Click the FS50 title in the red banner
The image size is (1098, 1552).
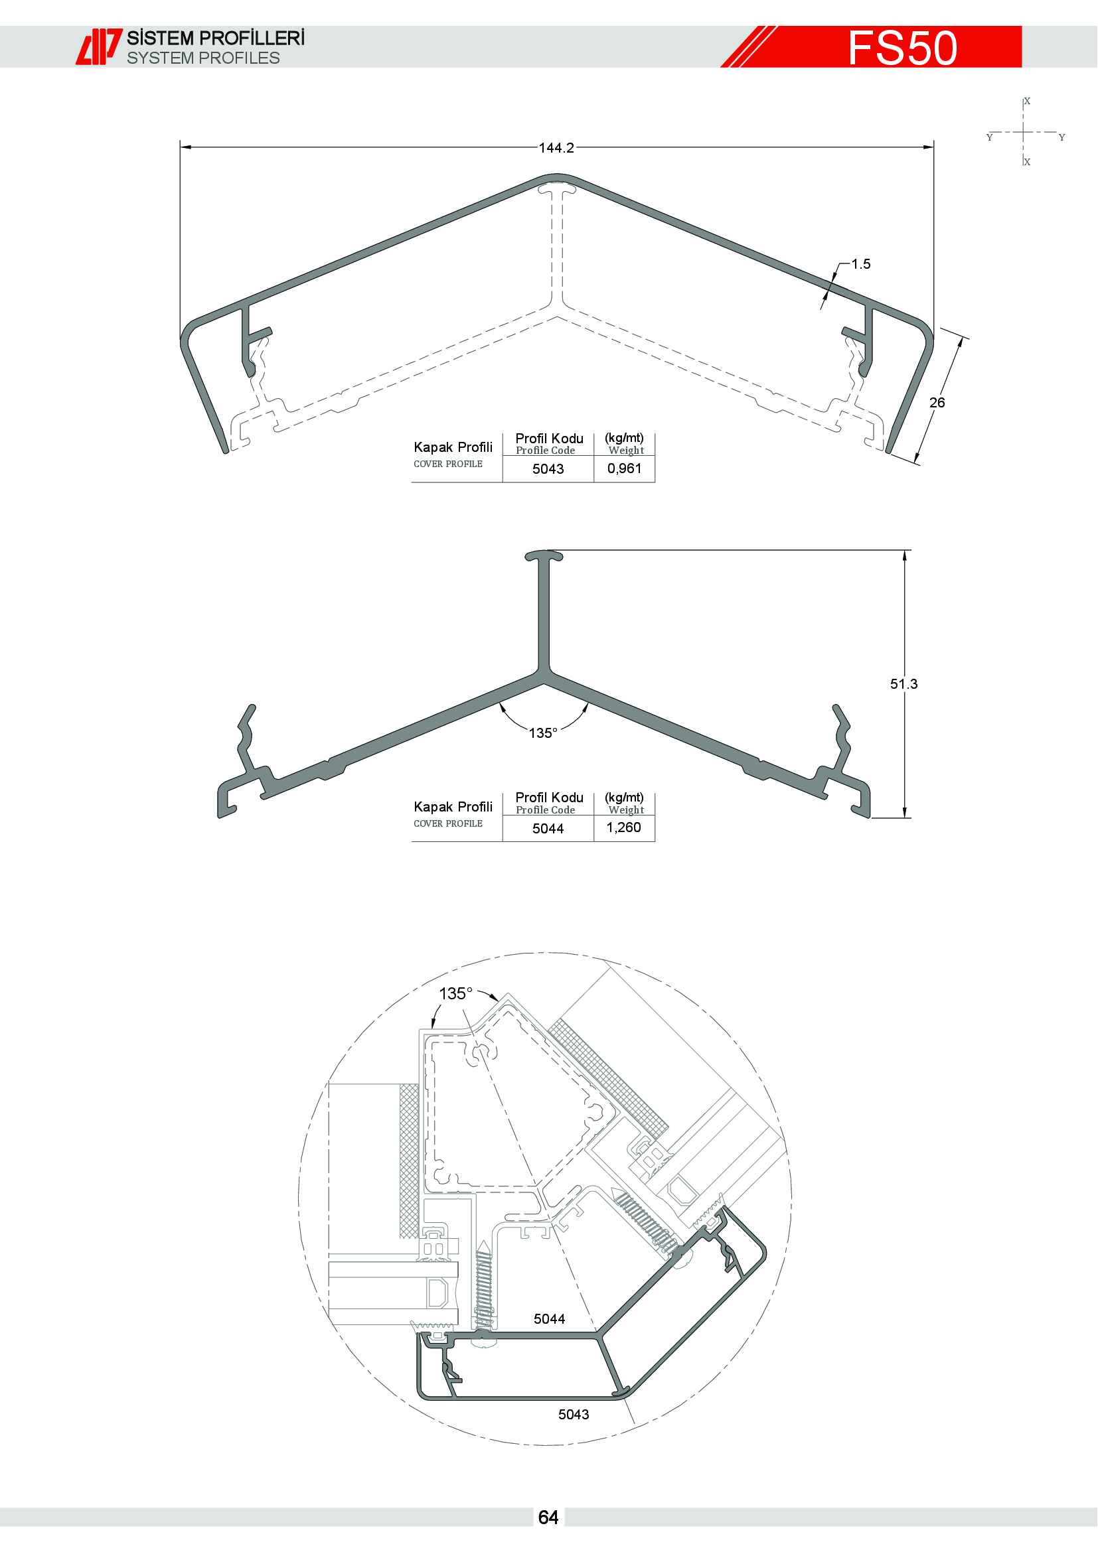(x=903, y=47)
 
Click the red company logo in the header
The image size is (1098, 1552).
(x=99, y=46)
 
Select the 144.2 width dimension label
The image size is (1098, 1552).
(x=556, y=147)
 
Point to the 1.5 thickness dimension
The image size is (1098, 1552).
(x=861, y=263)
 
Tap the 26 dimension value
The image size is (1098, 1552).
(x=937, y=402)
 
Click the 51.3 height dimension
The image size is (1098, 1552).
(x=903, y=683)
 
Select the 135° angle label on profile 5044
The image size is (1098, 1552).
(x=543, y=733)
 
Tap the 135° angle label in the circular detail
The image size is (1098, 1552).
(x=455, y=994)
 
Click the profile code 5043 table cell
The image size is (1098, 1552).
(x=548, y=468)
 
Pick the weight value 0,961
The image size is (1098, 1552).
(x=624, y=468)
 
